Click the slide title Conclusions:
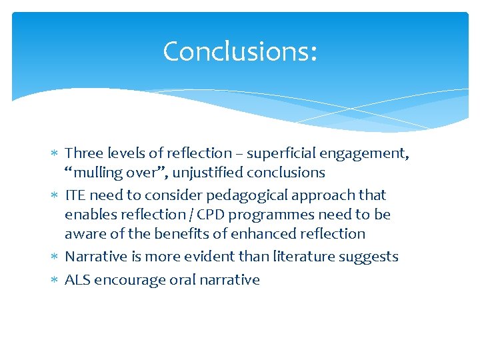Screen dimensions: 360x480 pos(240,51)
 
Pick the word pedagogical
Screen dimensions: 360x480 pos(245,195)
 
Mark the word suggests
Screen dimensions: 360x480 pos(373,257)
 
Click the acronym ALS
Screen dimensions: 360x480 pos(77,279)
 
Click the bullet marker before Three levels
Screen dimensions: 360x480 pos(55,154)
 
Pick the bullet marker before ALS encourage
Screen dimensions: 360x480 pos(55,280)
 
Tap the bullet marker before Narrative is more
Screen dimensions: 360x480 pos(55,257)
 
